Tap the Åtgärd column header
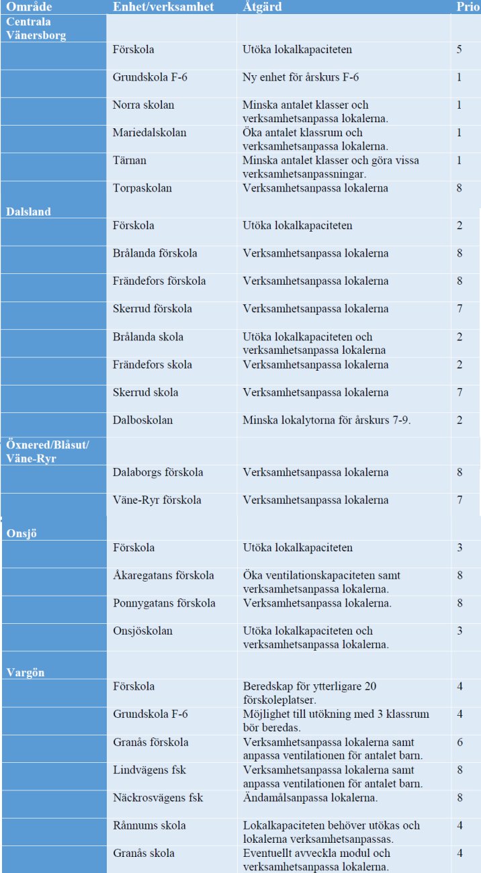pyautogui.click(x=262, y=7)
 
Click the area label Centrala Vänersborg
pyautogui.click(x=36, y=28)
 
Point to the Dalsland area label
pyautogui.click(x=29, y=212)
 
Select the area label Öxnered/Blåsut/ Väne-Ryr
pyautogui.click(x=47, y=451)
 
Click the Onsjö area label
pyautogui.click(x=22, y=533)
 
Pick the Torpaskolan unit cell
pyautogui.click(x=142, y=188)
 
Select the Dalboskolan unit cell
pyautogui.click(x=142, y=420)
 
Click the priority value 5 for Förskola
pyautogui.click(x=460, y=50)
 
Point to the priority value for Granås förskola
pyautogui.click(x=460, y=742)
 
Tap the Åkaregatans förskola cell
pyautogui.click(x=163, y=576)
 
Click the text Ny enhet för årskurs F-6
pyautogui.click(x=300, y=78)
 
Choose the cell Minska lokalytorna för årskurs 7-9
pyautogui.click(x=326, y=420)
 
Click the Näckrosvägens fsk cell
pyautogui.click(x=158, y=798)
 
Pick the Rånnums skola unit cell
pyautogui.click(x=149, y=825)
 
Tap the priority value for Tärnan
pyautogui.click(x=460, y=160)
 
